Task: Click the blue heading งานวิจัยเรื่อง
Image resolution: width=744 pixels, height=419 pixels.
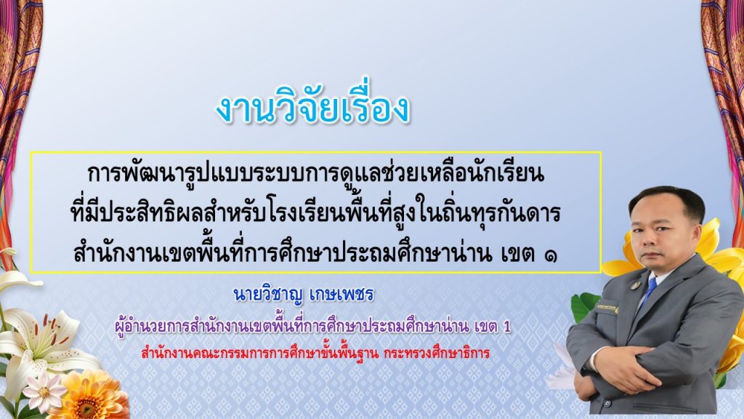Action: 312,108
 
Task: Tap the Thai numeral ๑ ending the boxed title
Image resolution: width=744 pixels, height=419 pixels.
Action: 551,255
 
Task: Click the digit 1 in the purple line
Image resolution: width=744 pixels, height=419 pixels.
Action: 507,327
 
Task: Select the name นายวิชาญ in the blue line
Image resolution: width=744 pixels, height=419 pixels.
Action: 267,295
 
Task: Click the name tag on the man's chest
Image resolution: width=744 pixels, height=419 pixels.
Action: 607,308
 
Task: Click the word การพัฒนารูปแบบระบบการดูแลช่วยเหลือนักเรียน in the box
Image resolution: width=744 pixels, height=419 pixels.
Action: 315,174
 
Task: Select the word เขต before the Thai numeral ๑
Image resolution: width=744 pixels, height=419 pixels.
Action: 518,255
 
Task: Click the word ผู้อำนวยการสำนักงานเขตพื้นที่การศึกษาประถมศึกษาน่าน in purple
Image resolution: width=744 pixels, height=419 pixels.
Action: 292,327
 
